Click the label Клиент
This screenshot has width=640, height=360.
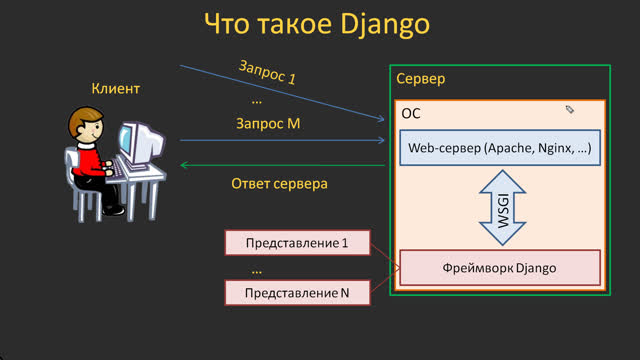point(116,89)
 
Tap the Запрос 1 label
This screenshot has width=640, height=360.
point(267,71)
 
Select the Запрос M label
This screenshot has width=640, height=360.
point(268,124)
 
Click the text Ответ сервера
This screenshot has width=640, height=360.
point(279,184)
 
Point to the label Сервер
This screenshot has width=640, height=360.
point(420,79)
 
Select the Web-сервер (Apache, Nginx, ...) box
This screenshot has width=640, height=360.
point(500,148)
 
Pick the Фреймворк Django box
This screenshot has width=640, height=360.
point(499,268)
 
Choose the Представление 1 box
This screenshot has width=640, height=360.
point(296,242)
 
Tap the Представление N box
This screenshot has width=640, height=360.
point(296,292)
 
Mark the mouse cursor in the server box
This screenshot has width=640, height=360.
point(569,110)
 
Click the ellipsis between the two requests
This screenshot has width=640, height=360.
point(257,100)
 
